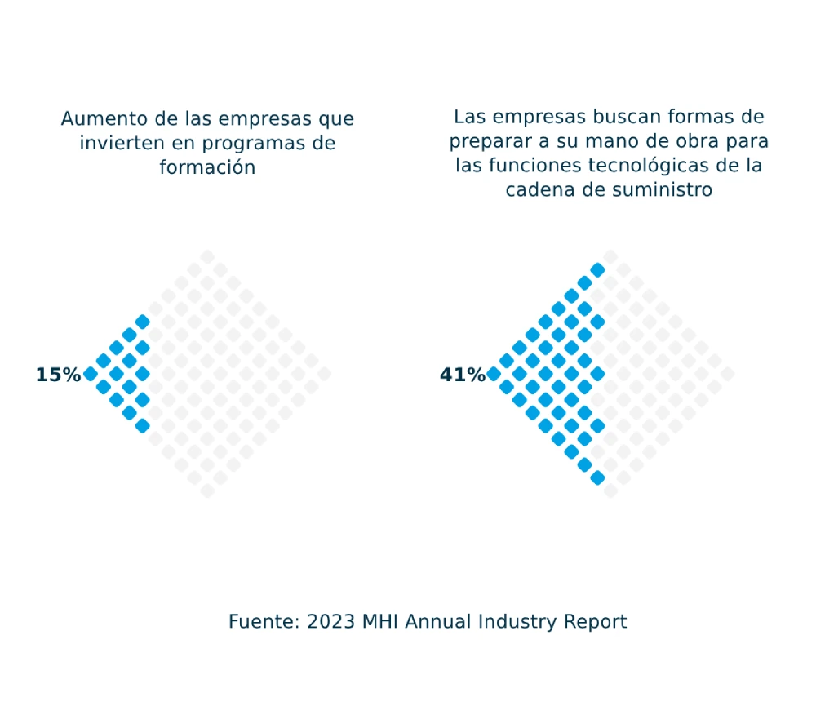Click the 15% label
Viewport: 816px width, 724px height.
[57, 375]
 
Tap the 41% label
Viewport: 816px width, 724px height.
[462, 375]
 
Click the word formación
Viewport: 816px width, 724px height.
[207, 167]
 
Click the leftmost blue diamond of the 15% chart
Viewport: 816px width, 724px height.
[91, 374]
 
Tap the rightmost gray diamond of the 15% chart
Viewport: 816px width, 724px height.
[325, 374]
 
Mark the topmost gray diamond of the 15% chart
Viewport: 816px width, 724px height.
[207, 256]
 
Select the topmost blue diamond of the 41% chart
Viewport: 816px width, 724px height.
[597, 269]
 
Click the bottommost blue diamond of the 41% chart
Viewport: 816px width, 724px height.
[597, 477]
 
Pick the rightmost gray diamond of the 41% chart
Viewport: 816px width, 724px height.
[728, 374]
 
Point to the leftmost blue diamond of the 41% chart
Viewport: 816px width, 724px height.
[494, 374]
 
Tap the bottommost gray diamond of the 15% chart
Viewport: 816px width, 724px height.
[207, 491]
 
